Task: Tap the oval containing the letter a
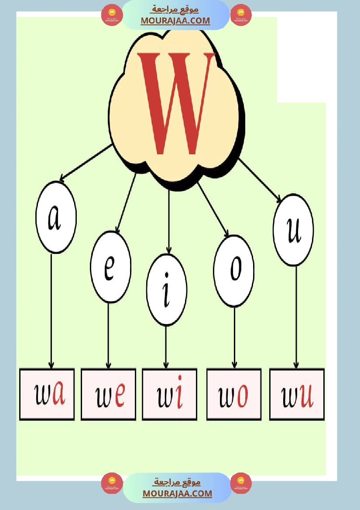(56, 217)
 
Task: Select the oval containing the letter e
(110, 267)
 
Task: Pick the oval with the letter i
(167, 289)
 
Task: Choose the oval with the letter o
(234, 271)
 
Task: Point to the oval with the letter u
(293, 230)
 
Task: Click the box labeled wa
(47, 394)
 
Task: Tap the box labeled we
(108, 394)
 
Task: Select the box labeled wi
(169, 394)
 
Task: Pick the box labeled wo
(234, 394)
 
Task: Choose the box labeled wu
(297, 394)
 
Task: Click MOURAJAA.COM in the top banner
(175, 21)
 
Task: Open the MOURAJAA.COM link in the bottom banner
(177, 493)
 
